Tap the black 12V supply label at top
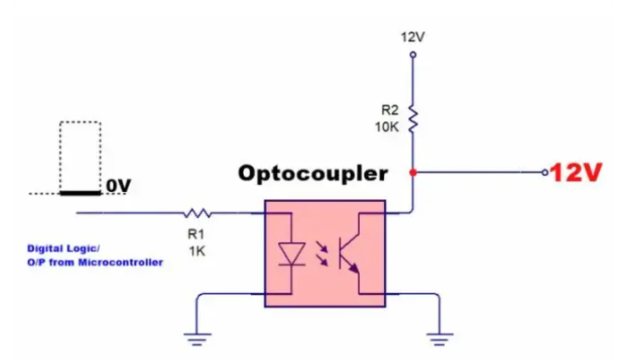click(x=412, y=37)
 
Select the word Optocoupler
click(x=312, y=173)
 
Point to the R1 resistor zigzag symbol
click(x=197, y=213)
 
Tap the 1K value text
click(x=197, y=251)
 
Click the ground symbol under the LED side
click(x=197, y=337)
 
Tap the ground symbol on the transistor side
click(x=438, y=337)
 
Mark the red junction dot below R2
click(x=412, y=172)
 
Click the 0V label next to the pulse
click(x=118, y=186)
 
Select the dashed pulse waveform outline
click(x=80, y=156)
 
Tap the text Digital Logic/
click(x=64, y=248)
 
